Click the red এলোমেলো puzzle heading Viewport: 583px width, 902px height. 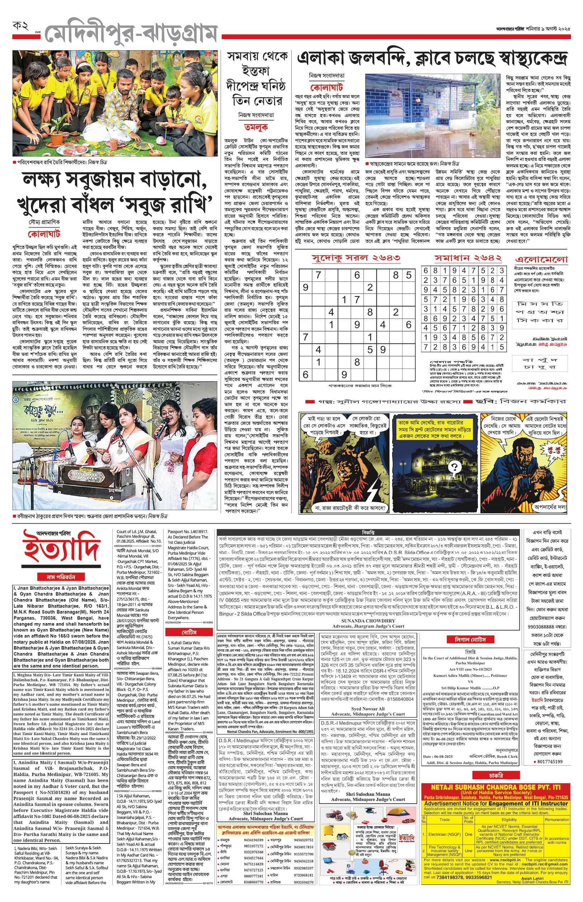click(541, 260)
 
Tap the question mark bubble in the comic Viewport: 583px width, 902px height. click(454, 467)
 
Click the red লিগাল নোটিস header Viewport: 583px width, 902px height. click(470, 639)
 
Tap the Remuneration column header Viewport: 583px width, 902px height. click(556, 819)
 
